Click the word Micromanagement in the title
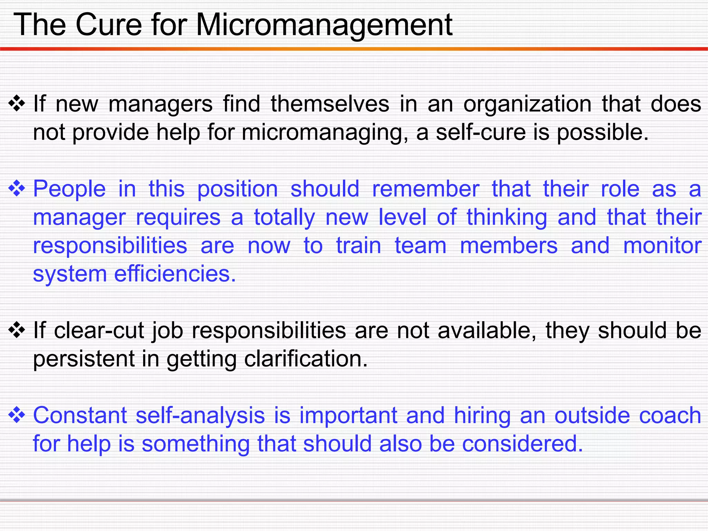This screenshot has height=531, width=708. coord(324,25)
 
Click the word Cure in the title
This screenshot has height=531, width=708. coord(109,25)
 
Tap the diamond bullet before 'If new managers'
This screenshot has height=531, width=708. coord(17,104)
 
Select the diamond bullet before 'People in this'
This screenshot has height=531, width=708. coord(17,189)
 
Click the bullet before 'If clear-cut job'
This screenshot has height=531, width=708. coord(17,330)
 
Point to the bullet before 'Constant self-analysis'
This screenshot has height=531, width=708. coord(17,415)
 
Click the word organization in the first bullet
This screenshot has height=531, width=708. coord(527,104)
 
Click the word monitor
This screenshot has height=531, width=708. coord(662,246)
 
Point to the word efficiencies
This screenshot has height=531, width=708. coord(175,274)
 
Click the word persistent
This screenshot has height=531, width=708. coord(84,360)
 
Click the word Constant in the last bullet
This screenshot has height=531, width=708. coord(80,416)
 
